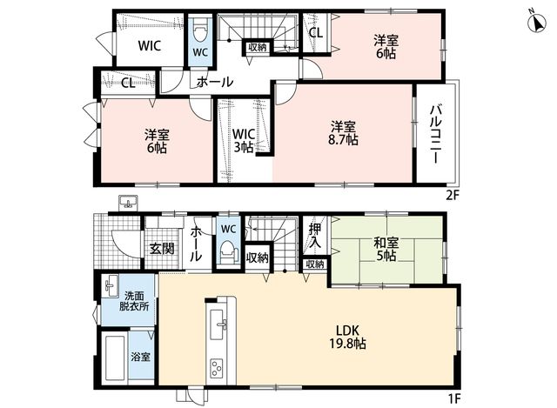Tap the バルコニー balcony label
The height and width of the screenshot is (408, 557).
point(436,134)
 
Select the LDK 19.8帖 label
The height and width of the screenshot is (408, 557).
point(348,338)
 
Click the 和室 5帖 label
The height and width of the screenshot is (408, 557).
point(386,250)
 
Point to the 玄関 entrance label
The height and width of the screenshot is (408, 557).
point(162,249)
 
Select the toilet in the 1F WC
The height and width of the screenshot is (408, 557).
point(228,251)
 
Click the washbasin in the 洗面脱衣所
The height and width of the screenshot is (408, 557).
point(111,285)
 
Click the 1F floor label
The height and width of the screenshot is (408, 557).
point(453,398)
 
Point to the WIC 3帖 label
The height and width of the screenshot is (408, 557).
point(244,140)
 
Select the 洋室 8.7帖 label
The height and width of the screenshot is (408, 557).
point(343,133)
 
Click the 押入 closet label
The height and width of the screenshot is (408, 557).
point(315,236)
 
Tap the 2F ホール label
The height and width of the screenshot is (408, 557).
point(214,82)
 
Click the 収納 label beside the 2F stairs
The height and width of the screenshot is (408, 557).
point(258,47)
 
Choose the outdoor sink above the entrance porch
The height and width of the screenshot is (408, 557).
point(128,203)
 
